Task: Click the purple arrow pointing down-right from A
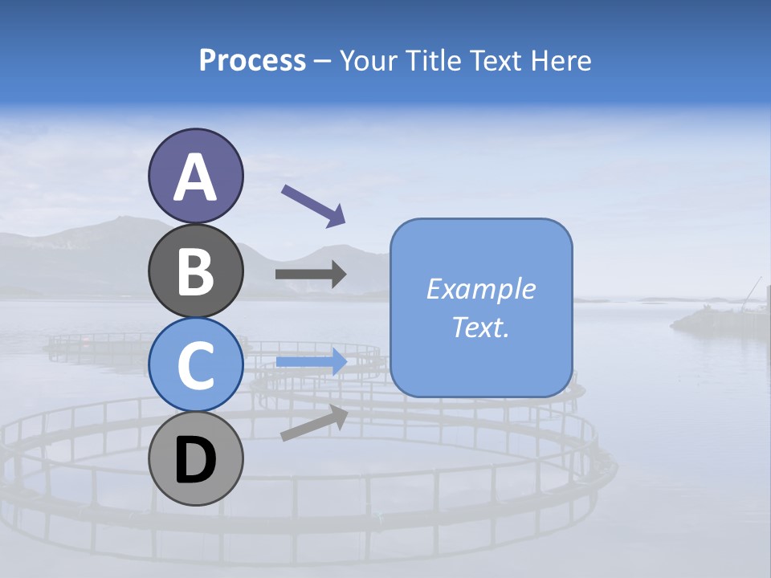coord(313,205)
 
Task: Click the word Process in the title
coord(252,60)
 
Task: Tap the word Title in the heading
coord(434,60)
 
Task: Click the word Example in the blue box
coord(480,289)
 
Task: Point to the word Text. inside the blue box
coord(480,327)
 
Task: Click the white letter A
coord(195,177)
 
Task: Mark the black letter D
coord(195,459)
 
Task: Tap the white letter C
coord(195,365)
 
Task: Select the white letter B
coord(195,271)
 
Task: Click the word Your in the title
coord(370,60)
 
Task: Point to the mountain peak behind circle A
coord(120,218)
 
